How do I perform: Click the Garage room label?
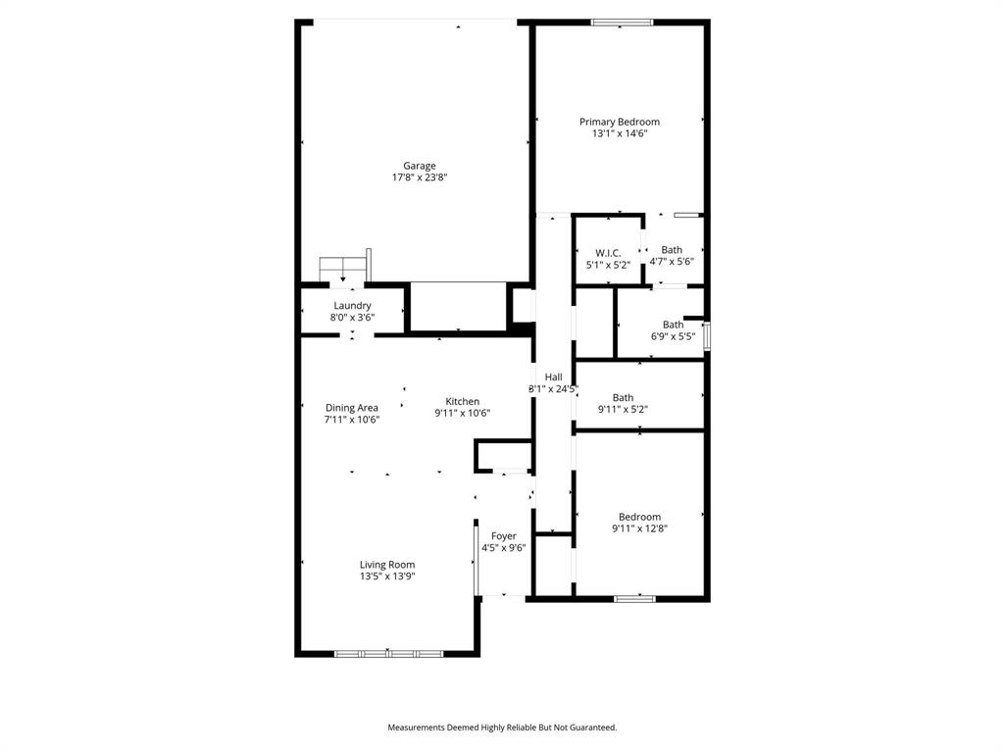(x=420, y=166)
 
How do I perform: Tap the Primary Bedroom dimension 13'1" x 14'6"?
(x=619, y=133)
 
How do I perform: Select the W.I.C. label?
(x=608, y=253)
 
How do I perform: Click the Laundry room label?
(x=352, y=306)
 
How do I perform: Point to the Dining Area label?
(x=352, y=408)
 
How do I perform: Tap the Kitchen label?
(x=463, y=401)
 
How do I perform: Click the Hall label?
(x=553, y=376)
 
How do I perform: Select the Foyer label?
(x=504, y=536)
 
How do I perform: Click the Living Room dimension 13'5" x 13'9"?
(x=387, y=577)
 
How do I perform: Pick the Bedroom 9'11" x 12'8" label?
(x=639, y=517)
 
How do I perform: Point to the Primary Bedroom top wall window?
(x=622, y=22)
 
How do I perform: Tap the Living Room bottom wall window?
(x=388, y=653)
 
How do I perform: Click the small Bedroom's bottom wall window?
(x=634, y=597)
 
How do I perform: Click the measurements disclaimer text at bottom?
(x=502, y=728)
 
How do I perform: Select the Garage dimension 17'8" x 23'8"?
(x=420, y=177)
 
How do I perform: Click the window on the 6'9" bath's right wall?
(x=707, y=332)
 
